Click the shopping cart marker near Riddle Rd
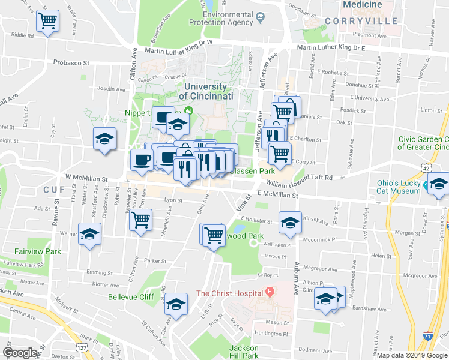(x=47, y=22)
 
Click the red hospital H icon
(x=270, y=292)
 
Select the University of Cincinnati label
(x=208, y=91)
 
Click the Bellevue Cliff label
(x=131, y=296)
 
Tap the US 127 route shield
(x=82, y=347)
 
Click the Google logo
(x=20, y=353)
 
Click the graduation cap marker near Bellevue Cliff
(x=176, y=304)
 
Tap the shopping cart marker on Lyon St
(x=140, y=220)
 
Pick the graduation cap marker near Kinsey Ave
(x=289, y=222)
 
